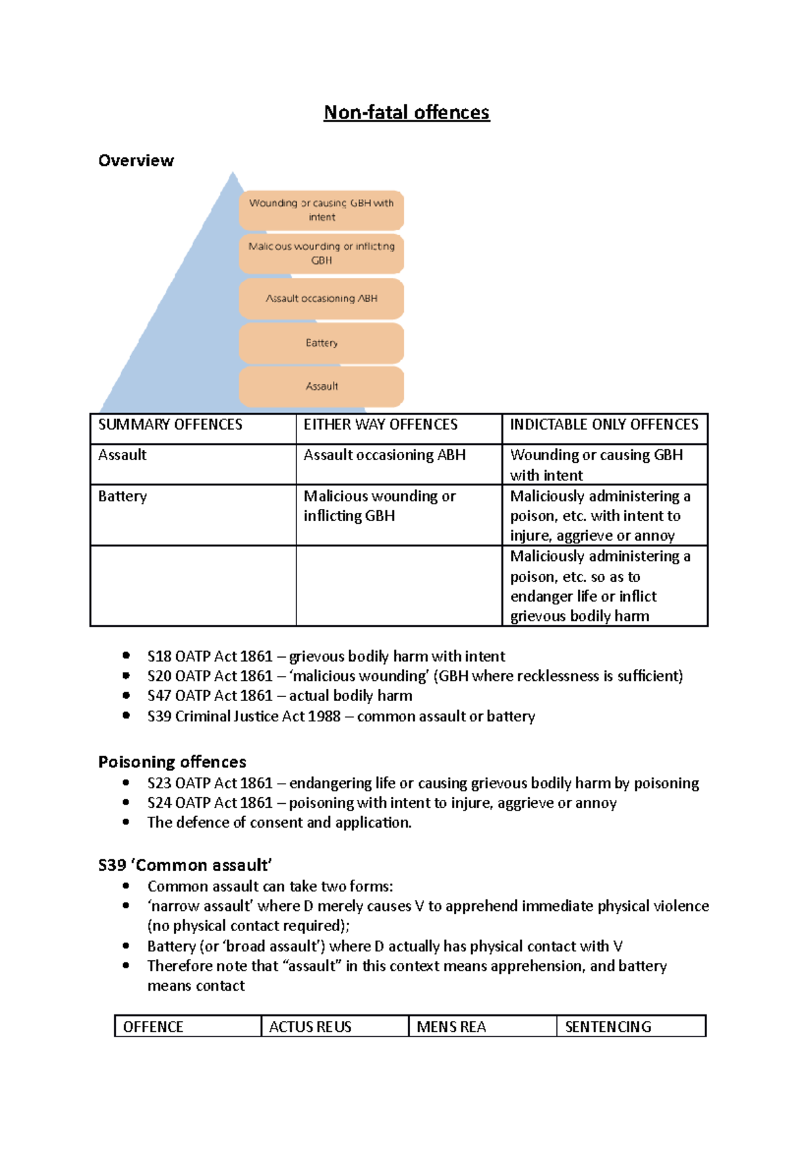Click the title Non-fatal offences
coord(406,112)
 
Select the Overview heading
coord(136,160)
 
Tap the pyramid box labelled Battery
coord(321,343)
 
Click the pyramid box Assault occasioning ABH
coord(321,298)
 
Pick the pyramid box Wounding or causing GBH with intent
coord(321,210)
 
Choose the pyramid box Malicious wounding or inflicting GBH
coord(321,253)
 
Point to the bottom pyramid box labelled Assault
coord(321,386)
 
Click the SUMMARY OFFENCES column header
coord(171,425)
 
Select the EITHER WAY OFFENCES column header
coord(380,425)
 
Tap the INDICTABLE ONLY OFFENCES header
coord(604,425)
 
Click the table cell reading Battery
coord(122,497)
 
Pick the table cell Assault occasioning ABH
coord(384,455)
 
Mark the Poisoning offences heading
coord(172,762)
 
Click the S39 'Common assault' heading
coord(185,865)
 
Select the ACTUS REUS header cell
coord(311,1027)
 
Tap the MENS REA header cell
coord(451,1027)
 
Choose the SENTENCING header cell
coord(608,1027)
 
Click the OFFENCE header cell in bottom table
coord(153,1027)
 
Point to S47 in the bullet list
coord(159,696)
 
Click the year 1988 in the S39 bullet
coord(324,717)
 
